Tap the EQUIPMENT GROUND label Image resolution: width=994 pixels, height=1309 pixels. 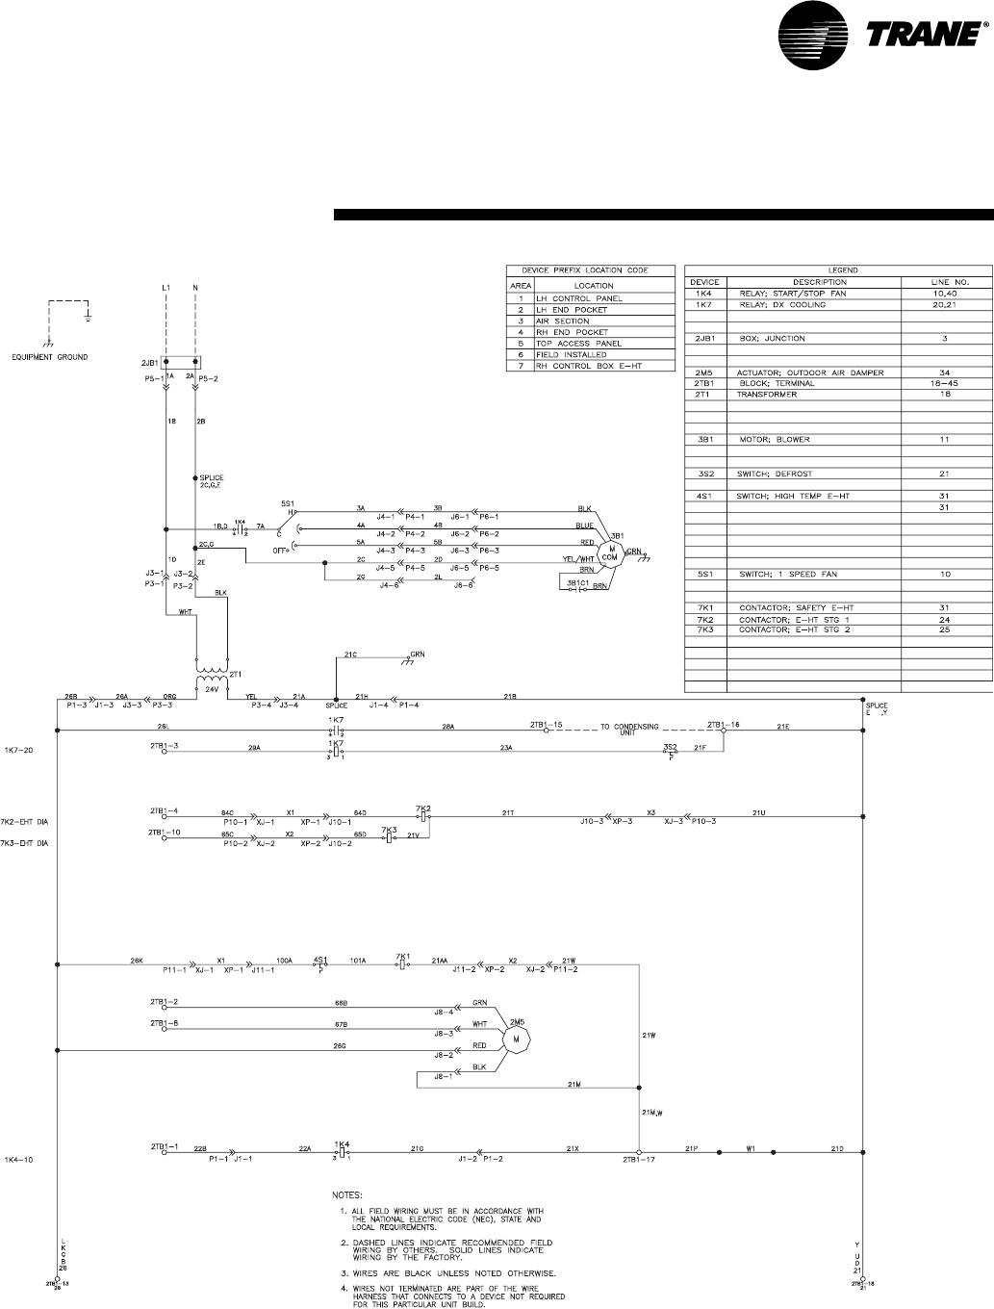(x=50, y=357)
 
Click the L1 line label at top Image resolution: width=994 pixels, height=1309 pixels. (x=166, y=288)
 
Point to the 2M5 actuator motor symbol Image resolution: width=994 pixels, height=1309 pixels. (x=516, y=1039)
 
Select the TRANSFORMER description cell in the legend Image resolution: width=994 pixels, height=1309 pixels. (x=767, y=394)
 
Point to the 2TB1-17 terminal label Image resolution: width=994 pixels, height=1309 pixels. (x=638, y=1159)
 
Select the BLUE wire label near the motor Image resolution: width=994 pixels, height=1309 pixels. (x=585, y=526)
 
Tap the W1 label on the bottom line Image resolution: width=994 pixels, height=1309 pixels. (x=752, y=1148)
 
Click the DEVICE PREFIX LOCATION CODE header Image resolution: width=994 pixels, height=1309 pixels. (x=591, y=270)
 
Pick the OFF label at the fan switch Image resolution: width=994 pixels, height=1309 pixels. (x=281, y=551)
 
